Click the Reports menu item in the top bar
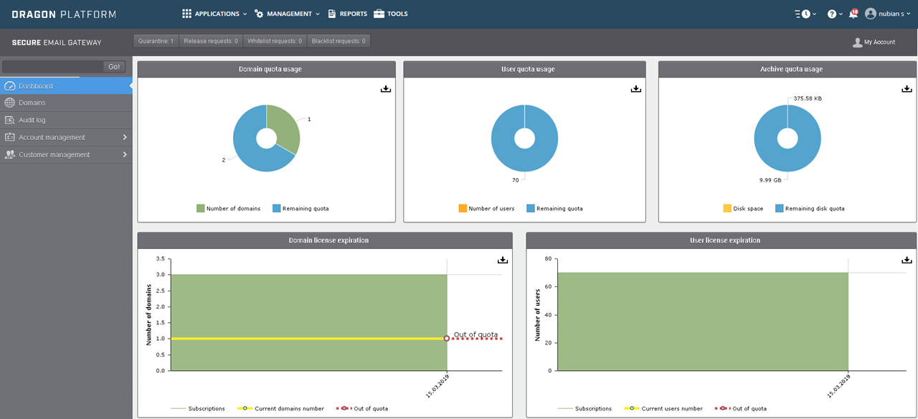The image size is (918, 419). (348, 14)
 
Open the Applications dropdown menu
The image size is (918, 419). (214, 14)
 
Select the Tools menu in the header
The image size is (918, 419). (391, 14)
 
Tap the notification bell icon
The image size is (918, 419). (853, 14)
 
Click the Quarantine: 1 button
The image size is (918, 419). (156, 42)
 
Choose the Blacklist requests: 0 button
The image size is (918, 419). (339, 42)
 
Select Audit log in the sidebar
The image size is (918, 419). (32, 120)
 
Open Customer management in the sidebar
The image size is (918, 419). (55, 154)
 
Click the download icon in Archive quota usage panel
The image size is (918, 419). (906, 89)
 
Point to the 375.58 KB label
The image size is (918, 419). (808, 98)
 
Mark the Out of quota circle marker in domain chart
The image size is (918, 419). (447, 338)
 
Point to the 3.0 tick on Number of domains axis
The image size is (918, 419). (161, 275)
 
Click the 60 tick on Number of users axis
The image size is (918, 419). (549, 286)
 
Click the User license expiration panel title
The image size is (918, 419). (721, 240)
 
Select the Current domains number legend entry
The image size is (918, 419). (289, 409)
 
